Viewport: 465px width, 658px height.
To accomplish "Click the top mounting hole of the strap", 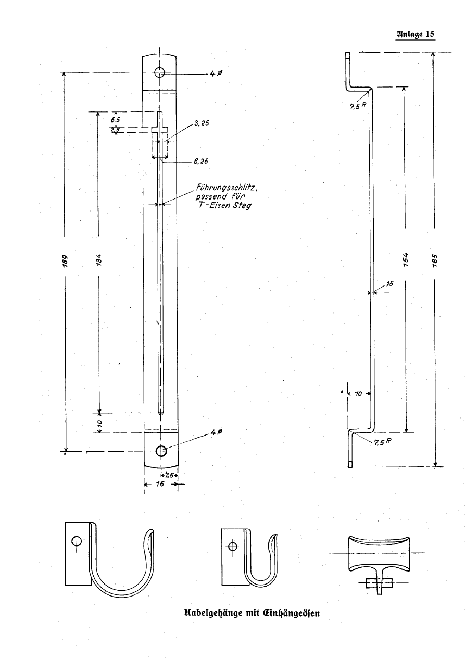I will coord(159,72).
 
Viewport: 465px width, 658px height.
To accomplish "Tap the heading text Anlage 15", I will coord(415,34).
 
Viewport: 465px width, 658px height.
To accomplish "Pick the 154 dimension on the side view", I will coord(406,259).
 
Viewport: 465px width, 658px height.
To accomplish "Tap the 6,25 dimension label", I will coord(201,161).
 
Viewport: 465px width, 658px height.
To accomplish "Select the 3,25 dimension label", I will coord(202,123).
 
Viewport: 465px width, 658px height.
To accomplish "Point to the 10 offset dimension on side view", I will coord(358,394).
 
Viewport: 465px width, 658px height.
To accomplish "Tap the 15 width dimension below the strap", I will coord(160,484).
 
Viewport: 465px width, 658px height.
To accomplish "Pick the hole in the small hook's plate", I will coord(232,546).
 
